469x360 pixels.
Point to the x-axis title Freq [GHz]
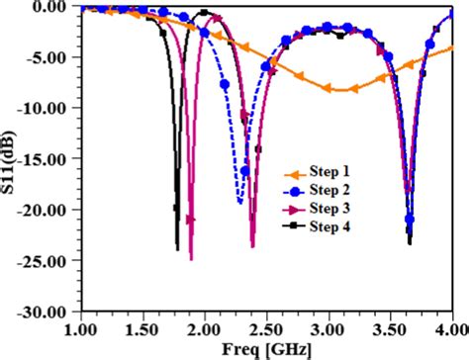pyautogui.click(x=267, y=350)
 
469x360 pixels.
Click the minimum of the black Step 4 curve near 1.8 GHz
pyautogui.click(x=178, y=249)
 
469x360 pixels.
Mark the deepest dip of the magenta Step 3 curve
pyautogui.click(x=191, y=259)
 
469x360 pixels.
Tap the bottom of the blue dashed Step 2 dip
pyautogui.click(x=239, y=204)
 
